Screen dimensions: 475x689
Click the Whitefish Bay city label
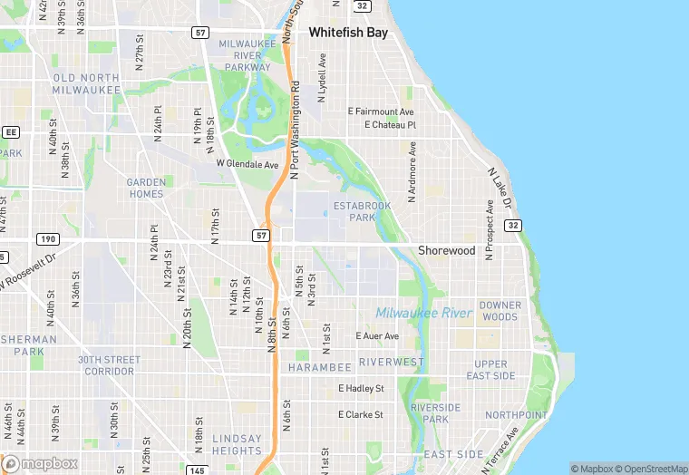[348, 32]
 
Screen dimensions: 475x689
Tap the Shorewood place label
[446, 250]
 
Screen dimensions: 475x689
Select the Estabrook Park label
[362, 212]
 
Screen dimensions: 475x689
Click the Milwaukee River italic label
[424, 313]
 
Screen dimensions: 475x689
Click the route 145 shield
[198, 470]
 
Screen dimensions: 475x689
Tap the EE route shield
[11, 131]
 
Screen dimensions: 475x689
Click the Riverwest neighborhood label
[392, 362]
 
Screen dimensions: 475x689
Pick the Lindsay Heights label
[237, 444]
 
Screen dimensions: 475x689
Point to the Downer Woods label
[500, 311]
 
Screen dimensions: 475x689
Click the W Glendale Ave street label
[247, 164]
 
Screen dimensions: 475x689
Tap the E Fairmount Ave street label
[381, 111]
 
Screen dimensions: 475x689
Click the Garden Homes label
[146, 188]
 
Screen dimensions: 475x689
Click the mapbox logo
[41, 463]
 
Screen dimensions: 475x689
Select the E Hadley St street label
[361, 388]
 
